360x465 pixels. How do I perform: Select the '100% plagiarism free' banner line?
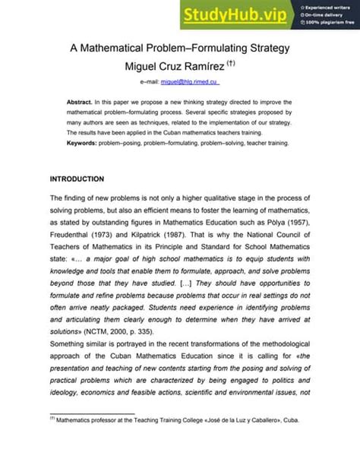[327, 24]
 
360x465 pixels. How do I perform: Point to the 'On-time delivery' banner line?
[322, 15]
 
